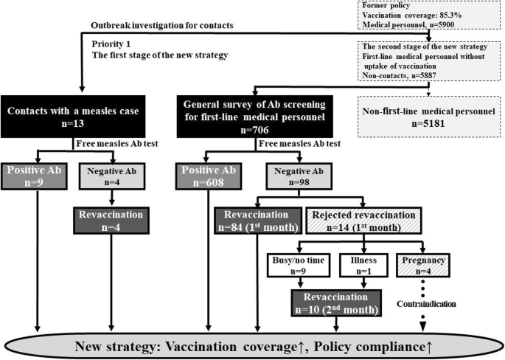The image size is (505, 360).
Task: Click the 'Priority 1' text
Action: (x=108, y=44)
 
